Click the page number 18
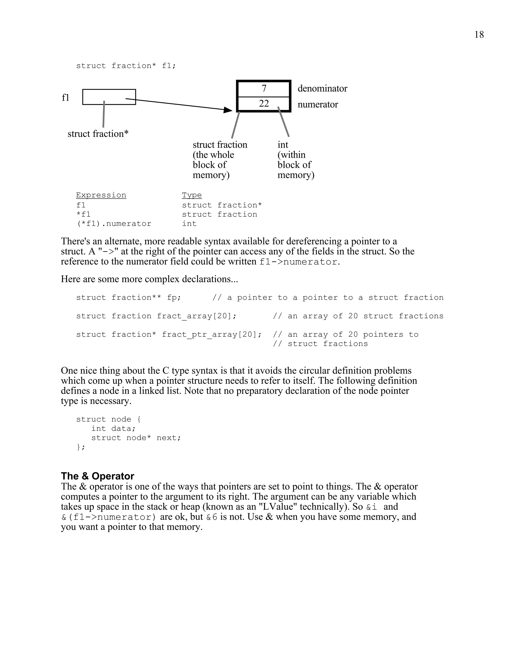click(479, 35)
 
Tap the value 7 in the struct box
click(264, 89)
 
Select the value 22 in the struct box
click(264, 104)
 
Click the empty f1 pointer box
click(109, 97)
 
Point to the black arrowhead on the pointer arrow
click(228, 110)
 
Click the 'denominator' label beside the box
click(322, 89)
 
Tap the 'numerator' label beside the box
click(317, 104)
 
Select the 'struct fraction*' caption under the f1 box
click(98, 134)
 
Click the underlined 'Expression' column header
click(101, 195)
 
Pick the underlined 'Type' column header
click(191, 195)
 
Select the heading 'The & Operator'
click(97, 476)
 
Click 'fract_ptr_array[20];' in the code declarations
click(212, 335)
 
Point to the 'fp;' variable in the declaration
click(174, 297)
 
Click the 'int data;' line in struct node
click(113, 429)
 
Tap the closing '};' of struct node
click(81, 447)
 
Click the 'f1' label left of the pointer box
click(66, 97)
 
